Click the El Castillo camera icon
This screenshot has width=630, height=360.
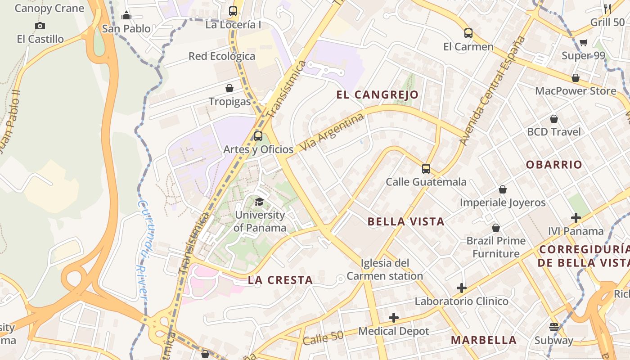point(40,26)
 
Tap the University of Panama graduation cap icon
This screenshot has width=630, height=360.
point(259,202)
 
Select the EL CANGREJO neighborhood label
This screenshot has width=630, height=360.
point(377,95)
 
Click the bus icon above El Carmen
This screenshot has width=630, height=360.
point(468,33)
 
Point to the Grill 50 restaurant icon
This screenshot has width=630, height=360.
point(607,8)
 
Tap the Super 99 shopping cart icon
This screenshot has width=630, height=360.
point(583,43)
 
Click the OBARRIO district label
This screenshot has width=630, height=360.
point(554,165)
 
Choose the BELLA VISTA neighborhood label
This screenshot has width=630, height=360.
point(406,221)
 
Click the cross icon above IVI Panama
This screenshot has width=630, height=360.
point(576,218)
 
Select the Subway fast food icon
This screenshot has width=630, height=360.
point(553,327)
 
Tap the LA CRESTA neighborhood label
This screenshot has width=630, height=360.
point(280,280)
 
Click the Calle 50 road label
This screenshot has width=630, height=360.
point(323,337)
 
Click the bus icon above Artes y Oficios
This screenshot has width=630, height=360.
point(258,136)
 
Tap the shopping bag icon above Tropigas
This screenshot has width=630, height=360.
point(229,88)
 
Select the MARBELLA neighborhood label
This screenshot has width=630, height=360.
point(484,340)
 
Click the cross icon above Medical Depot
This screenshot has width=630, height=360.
point(394,318)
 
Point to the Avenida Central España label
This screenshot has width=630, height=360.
point(493,90)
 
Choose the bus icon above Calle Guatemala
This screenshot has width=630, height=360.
point(426,169)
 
